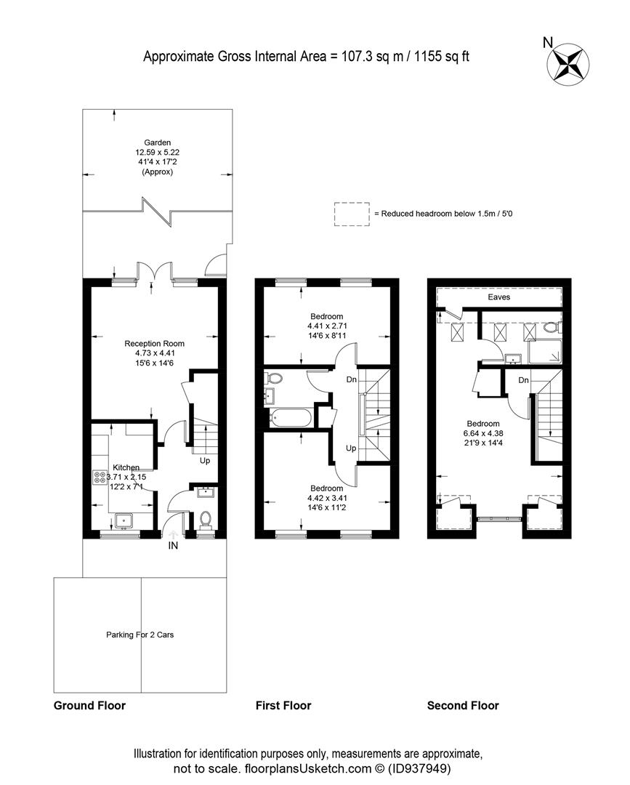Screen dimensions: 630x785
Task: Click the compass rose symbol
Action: coord(568,64)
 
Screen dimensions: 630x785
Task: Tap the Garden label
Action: coord(157,142)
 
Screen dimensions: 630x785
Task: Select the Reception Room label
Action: coord(154,343)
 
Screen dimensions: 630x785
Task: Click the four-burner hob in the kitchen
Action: coord(99,478)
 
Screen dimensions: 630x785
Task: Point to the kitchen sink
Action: coord(123,520)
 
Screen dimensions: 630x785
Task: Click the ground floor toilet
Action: coord(206,520)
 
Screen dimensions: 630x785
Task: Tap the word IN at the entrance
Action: coord(173,546)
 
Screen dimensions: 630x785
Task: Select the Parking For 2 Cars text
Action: coord(140,635)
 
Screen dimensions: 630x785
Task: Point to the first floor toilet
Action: coord(273,378)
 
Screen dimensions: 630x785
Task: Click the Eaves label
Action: coord(499,297)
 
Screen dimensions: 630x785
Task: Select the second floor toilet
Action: coord(552,328)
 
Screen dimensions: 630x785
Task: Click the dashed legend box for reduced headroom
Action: coord(352,214)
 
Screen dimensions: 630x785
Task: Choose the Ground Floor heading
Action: coord(89,705)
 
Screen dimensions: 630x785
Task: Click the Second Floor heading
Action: coord(463,705)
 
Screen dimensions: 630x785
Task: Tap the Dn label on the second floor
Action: coord(523,380)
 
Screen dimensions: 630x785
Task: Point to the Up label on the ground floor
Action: coord(205,461)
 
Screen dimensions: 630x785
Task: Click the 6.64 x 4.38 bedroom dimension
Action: coord(483,433)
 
